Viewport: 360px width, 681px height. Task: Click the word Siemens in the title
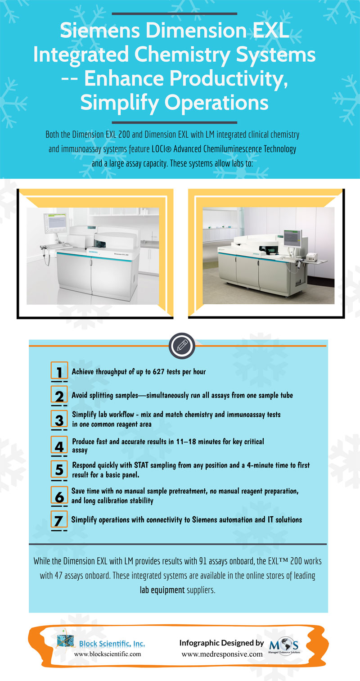(100, 31)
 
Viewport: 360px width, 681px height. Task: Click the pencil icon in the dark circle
(182, 346)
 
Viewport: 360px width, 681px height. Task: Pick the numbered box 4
(59, 445)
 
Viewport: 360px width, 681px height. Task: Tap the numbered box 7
(59, 519)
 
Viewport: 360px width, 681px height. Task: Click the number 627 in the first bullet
(158, 371)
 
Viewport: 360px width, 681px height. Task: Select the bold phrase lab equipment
(162, 591)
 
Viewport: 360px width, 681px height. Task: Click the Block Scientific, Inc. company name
(112, 644)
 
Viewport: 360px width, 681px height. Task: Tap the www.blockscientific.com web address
(108, 654)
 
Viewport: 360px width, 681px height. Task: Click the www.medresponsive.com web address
(222, 654)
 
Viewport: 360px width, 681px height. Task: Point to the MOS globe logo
(284, 646)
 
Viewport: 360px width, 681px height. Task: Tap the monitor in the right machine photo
(292, 239)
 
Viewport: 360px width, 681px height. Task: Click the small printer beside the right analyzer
(312, 257)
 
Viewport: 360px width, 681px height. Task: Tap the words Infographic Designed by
(222, 643)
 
